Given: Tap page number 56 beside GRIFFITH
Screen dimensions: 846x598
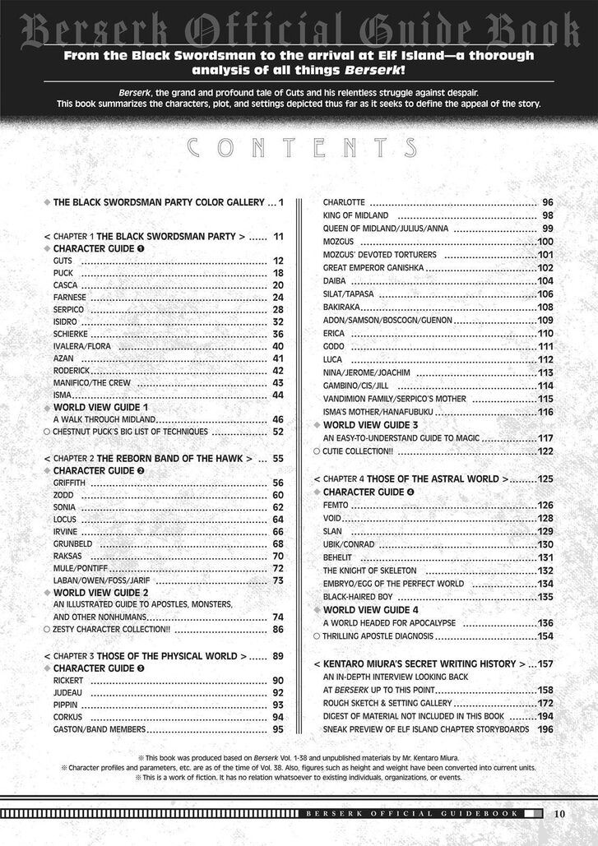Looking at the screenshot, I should (x=277, y=483).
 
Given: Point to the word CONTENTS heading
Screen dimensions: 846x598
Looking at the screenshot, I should (x=299, y=148).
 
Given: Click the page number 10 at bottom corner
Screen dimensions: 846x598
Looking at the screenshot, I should (x=559, y=814).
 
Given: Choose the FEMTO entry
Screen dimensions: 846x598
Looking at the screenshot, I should (x=336, y=505).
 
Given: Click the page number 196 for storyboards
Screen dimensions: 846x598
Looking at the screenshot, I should (x=545, y=728).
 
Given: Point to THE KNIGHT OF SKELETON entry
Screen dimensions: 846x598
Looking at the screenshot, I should (x=369, y=571).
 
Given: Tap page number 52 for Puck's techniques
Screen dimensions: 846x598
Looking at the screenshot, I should (x=277, y=431).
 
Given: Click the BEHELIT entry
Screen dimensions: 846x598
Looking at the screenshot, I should (x=338, y=557).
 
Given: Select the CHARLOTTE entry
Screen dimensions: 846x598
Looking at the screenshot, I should (x=344, y=202).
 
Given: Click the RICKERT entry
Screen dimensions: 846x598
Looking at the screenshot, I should (x=67, y=681).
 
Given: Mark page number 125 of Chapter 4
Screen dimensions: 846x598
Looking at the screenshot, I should (x=545, y=478).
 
